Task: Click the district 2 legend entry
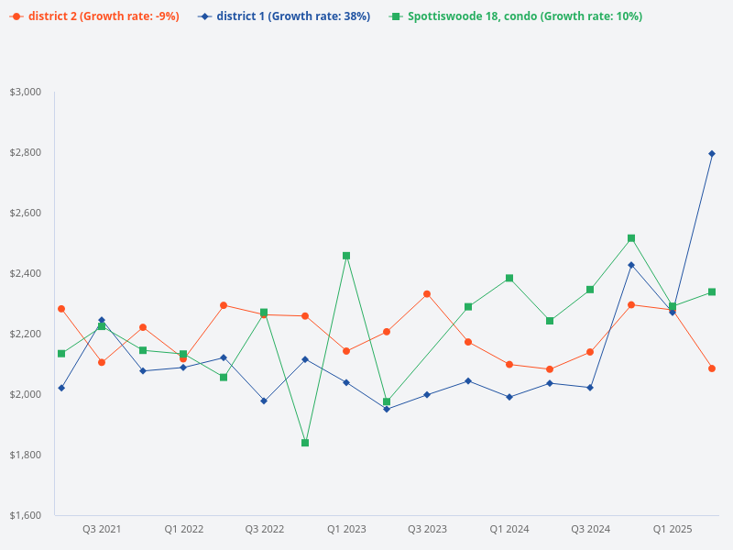(95, 16)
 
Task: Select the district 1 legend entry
(284, 16)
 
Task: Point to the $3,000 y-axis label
(26, 92)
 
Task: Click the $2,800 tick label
(26, 152)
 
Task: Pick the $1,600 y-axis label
(26, 515)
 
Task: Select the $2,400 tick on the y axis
(26, 273)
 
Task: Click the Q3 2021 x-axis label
(102, 529)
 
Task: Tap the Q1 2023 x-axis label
(346, 529)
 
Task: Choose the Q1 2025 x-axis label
(673, 529)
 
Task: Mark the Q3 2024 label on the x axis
(591, 529)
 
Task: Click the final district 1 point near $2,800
(712, 153)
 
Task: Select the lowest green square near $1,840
(305, 443)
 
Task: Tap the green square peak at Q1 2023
(346, 256)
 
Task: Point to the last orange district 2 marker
(712, 368)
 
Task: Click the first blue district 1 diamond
(61, 388)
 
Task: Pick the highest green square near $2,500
(631, 238)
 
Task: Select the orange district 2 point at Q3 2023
(427, 294)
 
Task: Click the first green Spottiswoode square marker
(61, 354)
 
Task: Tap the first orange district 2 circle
(61, 309)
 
